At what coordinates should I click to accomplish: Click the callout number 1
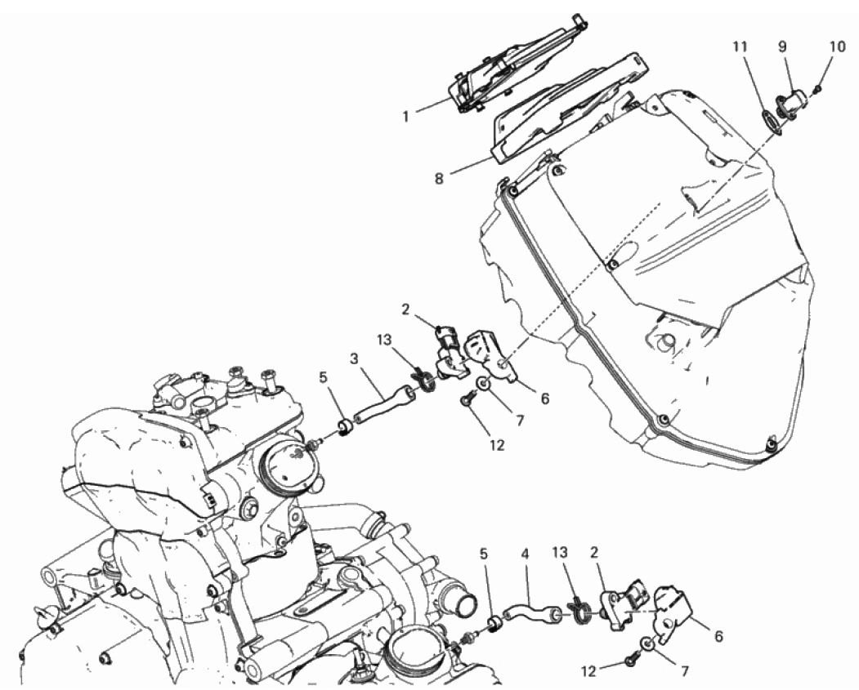click(x=406, y=117)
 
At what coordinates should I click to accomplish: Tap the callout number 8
click(x=439, y=179)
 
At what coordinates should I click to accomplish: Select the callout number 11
click(x=740, y=47)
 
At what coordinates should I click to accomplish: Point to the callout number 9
click(x=783, y=47)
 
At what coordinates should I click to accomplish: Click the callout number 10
click(x=837, y=47)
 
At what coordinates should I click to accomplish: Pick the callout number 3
click(x=354, y=359)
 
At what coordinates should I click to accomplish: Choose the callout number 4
click(x=525, y=554)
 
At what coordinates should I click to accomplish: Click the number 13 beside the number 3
click(x=385, y=341)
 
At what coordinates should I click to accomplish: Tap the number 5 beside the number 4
click(x=483, y=554)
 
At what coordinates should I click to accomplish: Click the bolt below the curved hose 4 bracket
click(x=630, y=662)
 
